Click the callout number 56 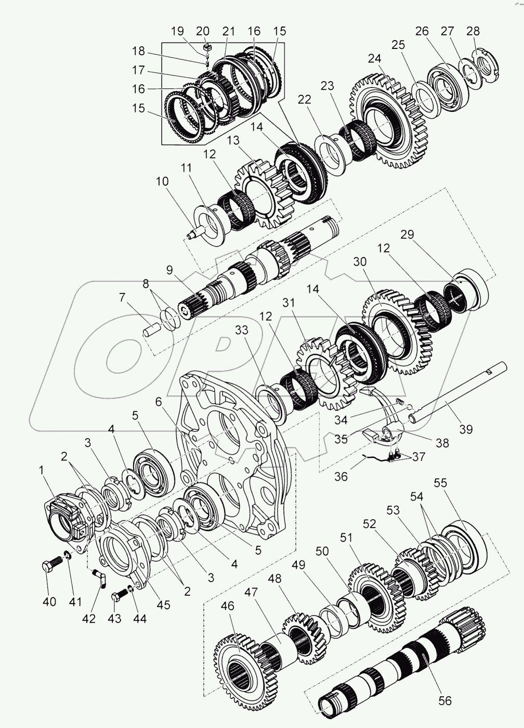tap(444, 701)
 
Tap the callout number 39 tap(465, 429)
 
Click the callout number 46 tap(227, 606)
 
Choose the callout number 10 tap(162, 182)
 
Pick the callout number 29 tap(407, 235)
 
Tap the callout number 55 tap(440, 483)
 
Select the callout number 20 tap(202, 31)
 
